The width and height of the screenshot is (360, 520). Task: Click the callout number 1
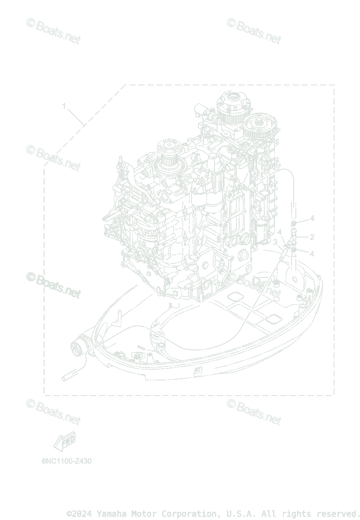(64, 106)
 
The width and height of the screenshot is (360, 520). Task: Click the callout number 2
(312, 237)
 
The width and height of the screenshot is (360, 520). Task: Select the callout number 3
(275, 242)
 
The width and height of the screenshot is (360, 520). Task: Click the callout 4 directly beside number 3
(280, 232)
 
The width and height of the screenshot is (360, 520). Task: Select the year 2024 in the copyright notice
(82, 513)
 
